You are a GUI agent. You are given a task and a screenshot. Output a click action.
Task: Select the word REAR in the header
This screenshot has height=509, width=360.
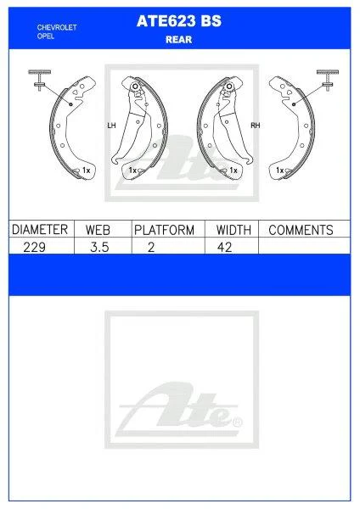[x=179, y=38]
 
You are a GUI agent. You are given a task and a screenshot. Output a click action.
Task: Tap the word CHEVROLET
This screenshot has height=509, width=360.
[x=58, y=27]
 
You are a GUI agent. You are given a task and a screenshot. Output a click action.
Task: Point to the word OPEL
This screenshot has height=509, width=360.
[x=47, y=36]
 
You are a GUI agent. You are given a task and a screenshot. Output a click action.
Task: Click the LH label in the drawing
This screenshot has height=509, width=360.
[x=110, y=126]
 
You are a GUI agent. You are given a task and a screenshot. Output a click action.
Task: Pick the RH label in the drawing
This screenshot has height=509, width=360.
[x=254, y=126]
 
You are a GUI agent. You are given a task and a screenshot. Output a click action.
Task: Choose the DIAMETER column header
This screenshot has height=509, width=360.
[x=39, y=230]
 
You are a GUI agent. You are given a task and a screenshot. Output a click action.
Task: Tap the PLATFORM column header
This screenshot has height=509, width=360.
[x=165, y=230]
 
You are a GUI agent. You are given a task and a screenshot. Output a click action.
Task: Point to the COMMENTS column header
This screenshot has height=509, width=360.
[x=301, y=230]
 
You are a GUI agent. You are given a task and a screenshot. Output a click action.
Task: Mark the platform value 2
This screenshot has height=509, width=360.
[x=151, y=246]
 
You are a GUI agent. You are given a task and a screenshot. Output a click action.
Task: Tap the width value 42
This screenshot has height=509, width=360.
[x=225, y=246]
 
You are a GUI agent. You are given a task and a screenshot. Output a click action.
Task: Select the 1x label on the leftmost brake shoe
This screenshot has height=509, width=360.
[x=85, y=171]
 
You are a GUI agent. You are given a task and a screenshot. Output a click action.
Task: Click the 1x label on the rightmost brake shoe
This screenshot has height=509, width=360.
[x=280, y=171]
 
